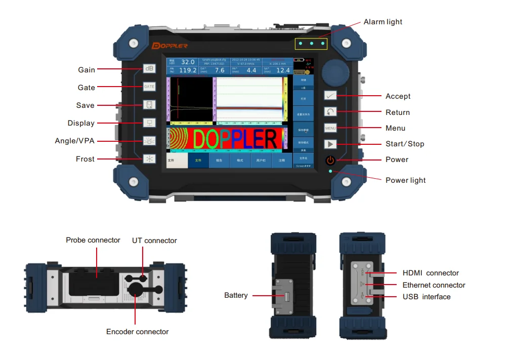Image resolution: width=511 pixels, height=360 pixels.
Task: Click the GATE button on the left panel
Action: [149, 87]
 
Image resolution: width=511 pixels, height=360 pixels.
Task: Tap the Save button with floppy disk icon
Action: [149, 105]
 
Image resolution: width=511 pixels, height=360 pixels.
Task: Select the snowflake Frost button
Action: [149, 159]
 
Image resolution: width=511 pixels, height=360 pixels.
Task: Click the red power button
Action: [330, 161]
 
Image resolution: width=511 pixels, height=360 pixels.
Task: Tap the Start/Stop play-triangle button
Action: [330, 144]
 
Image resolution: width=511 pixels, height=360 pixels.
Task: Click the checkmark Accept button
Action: [330, 95]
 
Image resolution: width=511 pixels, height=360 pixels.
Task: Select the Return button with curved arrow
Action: [330, 112]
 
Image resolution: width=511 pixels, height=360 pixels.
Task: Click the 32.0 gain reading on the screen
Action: [188, 62]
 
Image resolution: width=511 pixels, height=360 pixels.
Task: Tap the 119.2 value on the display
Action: [188, 70]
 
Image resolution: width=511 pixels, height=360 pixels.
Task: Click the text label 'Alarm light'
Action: [383, 22]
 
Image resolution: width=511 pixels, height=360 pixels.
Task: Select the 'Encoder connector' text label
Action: [137, 332]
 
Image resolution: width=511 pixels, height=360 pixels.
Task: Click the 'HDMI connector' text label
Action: [431, 273]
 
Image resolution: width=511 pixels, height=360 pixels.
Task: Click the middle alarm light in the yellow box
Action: [311, 44]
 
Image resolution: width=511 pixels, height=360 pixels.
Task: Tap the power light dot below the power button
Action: [330, 172]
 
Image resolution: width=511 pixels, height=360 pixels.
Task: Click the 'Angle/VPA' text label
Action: [74, 141]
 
